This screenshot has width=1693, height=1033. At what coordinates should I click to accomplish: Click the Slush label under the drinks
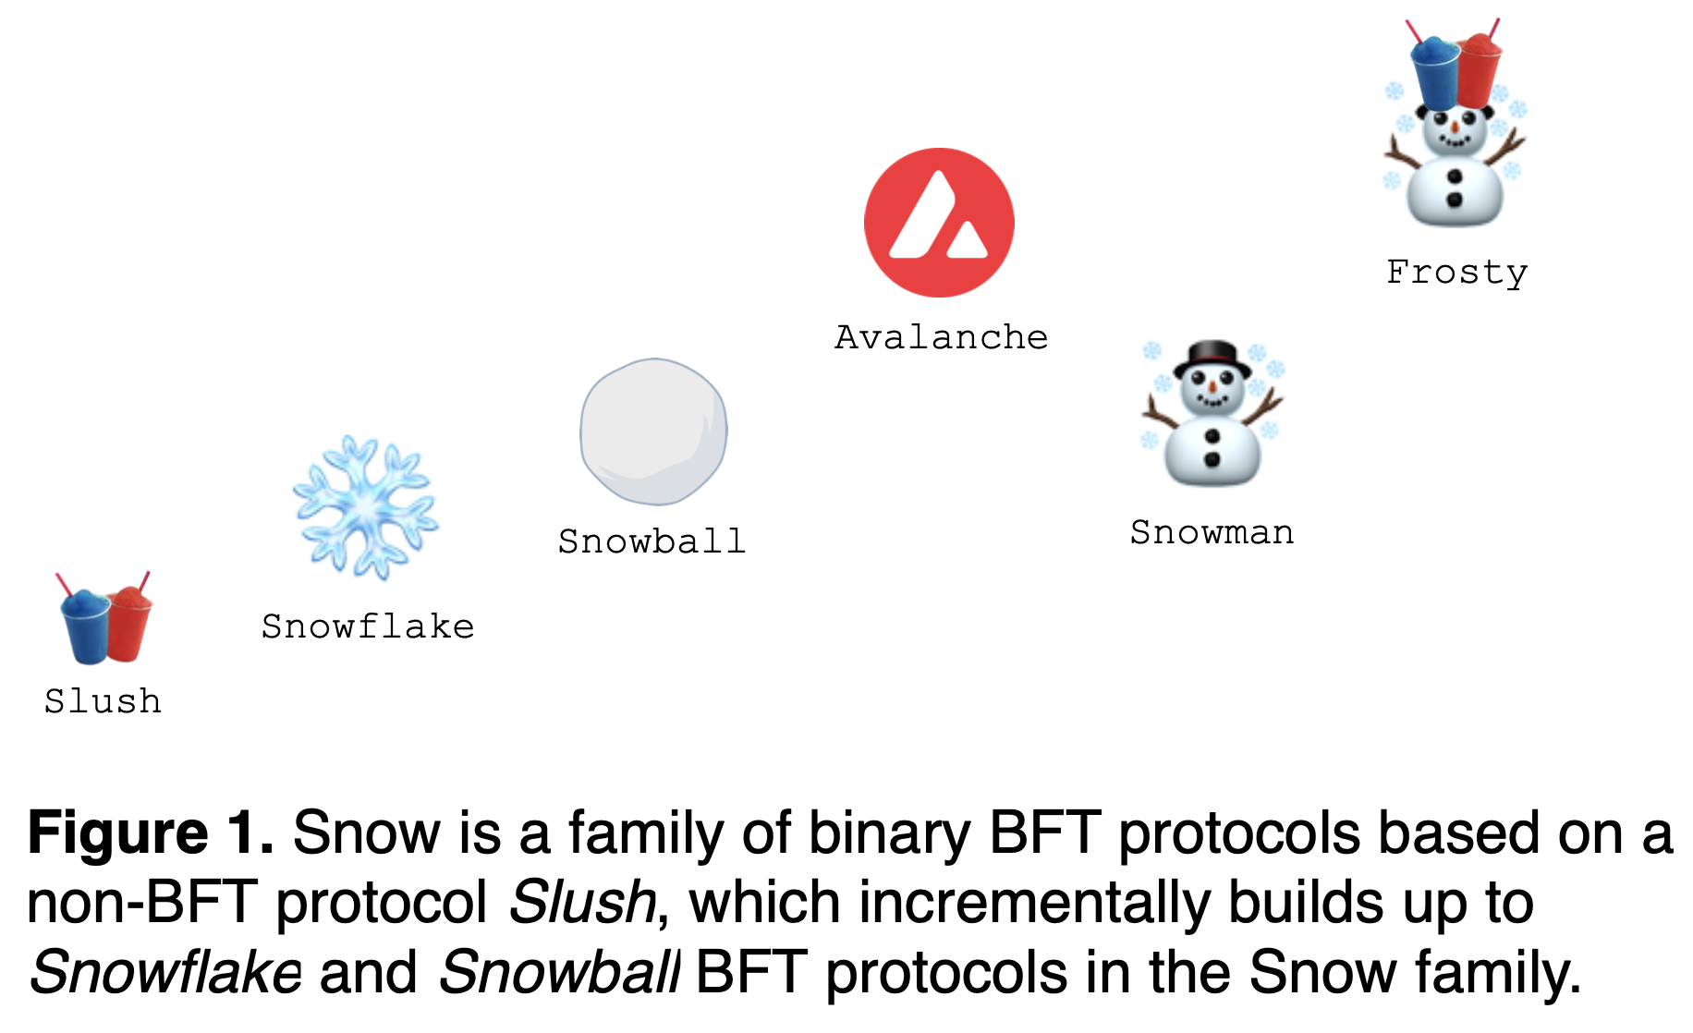103,701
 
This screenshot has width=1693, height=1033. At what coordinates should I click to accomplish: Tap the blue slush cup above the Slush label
85,628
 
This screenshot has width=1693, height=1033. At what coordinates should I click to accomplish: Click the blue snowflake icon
365,507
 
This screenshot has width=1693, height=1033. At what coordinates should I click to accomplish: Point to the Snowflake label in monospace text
368,627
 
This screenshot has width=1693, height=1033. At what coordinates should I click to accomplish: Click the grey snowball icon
653,431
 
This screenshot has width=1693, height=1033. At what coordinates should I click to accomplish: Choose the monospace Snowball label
652,541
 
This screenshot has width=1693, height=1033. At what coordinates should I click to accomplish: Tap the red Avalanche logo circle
939,223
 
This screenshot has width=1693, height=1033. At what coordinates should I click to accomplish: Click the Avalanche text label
941,337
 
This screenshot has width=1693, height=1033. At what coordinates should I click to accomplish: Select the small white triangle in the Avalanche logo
968,243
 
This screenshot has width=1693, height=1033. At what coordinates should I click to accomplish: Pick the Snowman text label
1212,533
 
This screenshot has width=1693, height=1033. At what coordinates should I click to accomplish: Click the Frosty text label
1456,273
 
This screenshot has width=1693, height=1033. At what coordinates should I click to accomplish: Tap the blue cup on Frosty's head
1435,73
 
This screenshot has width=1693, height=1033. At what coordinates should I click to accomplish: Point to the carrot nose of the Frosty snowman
1455,127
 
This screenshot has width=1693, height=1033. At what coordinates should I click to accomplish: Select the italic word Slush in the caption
582,903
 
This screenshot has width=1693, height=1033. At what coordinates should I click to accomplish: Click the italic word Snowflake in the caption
166,973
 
